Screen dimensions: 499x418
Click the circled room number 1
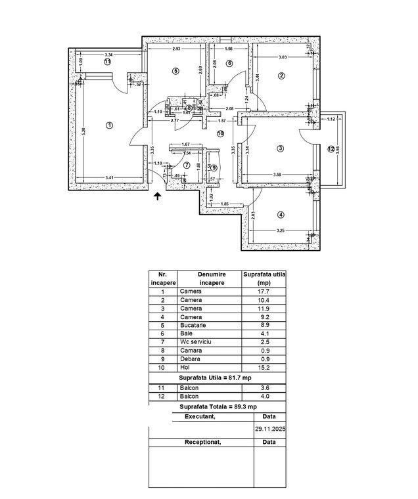click(109, 125)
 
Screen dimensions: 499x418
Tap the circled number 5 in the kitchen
click(175, 70)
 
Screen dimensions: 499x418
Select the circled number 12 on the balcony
click(331, 148)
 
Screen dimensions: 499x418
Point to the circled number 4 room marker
click(281, 215)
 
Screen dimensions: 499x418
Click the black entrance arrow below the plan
click(157, 195)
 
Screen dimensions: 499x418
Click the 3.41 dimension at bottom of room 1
click(109, 177)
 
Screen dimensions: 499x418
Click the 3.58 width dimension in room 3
click(277, 174)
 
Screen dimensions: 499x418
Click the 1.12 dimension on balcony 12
click(331, 119)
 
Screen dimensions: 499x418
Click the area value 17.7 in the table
click(264, 291)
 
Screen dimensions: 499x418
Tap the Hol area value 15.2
click(264, 368)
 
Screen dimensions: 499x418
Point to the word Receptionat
click(201, 442)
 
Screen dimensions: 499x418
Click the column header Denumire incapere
click(202, 278)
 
